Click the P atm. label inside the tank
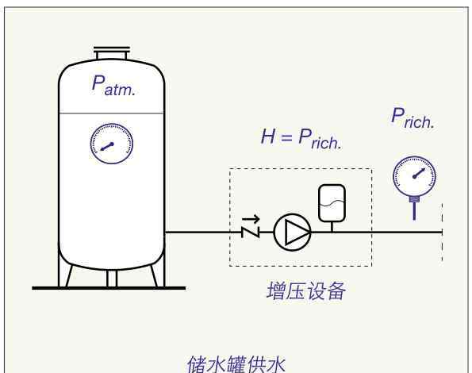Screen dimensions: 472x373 (113, 86)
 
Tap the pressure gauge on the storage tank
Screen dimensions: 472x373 (112, 144)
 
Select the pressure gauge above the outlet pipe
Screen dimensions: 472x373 (415, 175)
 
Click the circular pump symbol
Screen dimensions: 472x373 (292, 232)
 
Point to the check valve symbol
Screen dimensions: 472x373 (251, 232)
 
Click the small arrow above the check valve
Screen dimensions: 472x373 (251, 219)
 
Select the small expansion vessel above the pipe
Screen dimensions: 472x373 (332, 203)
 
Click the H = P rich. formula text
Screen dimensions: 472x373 (301, 138)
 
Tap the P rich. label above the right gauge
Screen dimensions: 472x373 (413, 118)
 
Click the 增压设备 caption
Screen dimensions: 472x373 (306, 290)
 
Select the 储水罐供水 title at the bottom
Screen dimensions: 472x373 (236, 364)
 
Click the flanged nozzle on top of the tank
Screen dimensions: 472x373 (112, 53)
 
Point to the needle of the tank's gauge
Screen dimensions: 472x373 (107, 146)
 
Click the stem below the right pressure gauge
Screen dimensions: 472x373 (415, 209)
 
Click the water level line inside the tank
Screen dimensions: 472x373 (112, 113)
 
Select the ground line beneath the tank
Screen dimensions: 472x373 (109, 288)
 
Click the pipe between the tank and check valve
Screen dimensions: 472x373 (204, 232)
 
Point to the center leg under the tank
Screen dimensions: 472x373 (112, 278)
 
